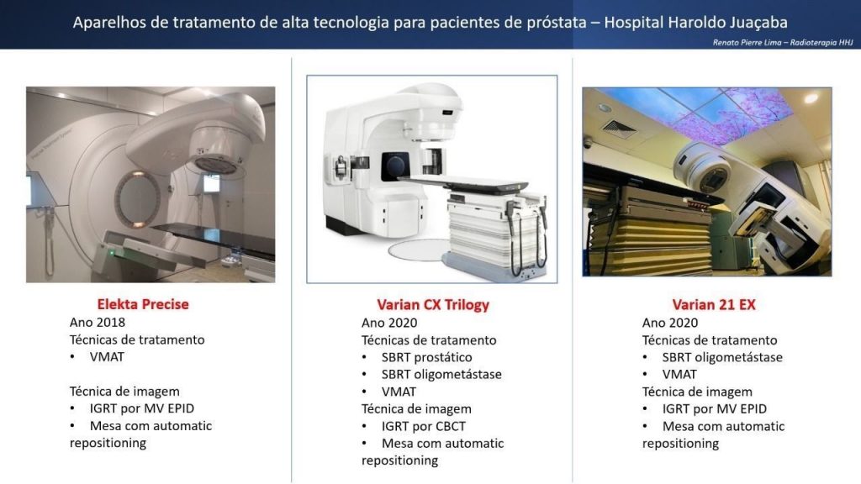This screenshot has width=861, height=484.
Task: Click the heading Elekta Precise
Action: tap(143, 304)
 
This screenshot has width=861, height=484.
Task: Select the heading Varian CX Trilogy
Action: tap(433, 305)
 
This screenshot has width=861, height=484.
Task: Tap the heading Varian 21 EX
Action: tap(714, 305)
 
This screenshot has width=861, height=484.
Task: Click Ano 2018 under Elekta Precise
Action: tap(98, 322)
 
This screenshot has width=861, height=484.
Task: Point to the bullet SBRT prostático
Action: tap(426, 357)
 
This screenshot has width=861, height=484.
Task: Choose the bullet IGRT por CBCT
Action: tap(424, 426)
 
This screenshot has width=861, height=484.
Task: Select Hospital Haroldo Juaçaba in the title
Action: tap(695, 23)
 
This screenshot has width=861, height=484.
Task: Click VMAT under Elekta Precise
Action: tap(107, 356)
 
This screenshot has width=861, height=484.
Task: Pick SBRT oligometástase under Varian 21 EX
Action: tap(722, 357)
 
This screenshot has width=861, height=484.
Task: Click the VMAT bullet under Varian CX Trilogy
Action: tap(399, 392)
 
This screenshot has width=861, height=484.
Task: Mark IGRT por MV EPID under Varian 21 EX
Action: tap(715, 409)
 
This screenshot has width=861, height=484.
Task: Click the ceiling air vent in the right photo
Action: tap(620, 128)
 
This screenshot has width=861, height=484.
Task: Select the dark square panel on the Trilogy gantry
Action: tap(395, 166)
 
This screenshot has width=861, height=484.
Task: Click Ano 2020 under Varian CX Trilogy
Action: tap(389, 323)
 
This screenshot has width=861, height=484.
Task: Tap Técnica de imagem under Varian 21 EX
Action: tap(697, 392)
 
